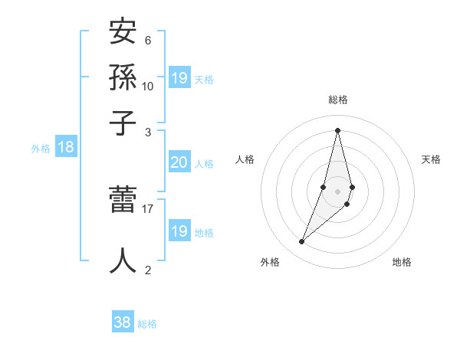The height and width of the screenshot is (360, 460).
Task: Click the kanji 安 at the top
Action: coord(123,33)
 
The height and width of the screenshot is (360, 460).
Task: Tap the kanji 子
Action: coord(123,122)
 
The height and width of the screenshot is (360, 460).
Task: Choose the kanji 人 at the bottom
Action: coord(123,260)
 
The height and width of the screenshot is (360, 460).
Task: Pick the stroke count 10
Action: coord(148,86)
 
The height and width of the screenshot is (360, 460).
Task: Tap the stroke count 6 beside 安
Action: coord(148,41)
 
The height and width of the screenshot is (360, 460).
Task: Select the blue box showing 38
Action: coord(123,322)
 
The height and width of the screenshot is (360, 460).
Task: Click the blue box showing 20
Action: coord(179,162)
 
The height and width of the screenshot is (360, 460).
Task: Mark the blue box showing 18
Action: coord(66,148)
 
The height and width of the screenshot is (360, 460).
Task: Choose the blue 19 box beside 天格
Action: coord(179,78)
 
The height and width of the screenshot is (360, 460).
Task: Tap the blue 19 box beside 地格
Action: coord(179,231)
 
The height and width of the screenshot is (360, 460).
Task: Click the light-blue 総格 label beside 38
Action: coord(147,324)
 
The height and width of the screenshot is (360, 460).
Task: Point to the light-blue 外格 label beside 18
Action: coord(41,149)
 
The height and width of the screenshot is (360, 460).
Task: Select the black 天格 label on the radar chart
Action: coord(431,159)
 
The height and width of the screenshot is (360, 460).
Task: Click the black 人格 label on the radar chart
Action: coord(245,159)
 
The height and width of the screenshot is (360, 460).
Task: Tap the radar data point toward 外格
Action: coord(301,242)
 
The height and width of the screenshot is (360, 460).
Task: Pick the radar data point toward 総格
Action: coord(337,129)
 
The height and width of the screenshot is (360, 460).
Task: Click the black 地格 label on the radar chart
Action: coord(402,262)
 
